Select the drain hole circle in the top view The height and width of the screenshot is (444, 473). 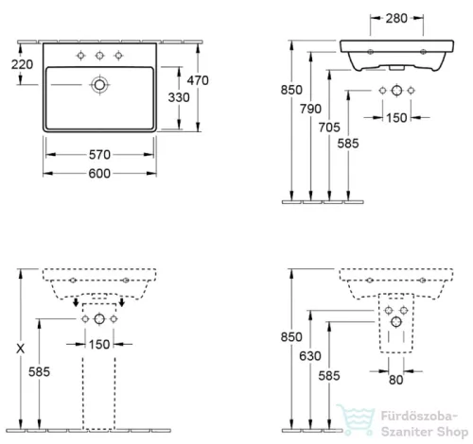pos(98,85)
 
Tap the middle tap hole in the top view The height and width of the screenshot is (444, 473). pos(98,56)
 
